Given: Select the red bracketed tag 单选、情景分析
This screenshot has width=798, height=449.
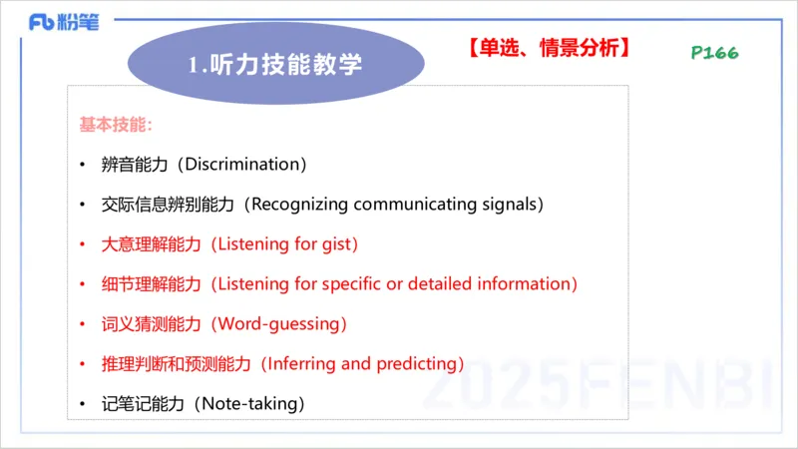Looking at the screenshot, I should click(x=548, y=46).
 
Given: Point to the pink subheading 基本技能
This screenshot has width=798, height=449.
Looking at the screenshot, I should click(x=116, y=126).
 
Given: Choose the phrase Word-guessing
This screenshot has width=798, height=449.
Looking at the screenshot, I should click(x=280, y=324).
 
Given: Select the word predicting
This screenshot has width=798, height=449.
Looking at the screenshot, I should click(x=417, y=364).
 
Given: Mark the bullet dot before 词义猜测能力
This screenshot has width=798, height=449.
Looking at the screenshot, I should click(x=83, y=324).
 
